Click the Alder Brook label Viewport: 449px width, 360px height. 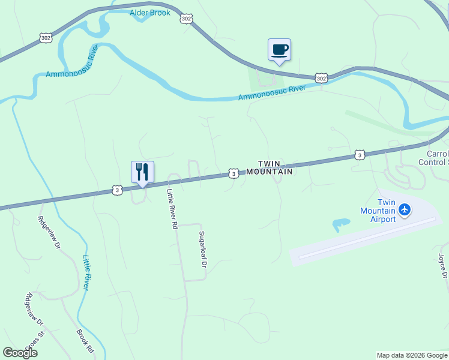coord(150,13)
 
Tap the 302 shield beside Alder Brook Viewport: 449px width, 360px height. coord(185,19)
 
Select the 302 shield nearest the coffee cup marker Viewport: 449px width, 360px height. coord(322,79)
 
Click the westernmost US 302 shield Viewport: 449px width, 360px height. coord(46,37)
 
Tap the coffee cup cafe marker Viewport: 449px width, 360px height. coord(279,50)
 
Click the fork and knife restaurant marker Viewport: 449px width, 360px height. coord(142,172)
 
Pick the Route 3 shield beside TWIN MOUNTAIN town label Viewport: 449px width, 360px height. coord(234,173)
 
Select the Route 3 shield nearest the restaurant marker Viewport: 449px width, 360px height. coord(117,190)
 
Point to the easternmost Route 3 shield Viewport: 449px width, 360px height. coord(359,155)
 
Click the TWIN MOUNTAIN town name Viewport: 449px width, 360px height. coord(276,167)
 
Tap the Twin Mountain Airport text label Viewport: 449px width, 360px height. coord(378,211)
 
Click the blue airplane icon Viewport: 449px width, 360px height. coord(405,209)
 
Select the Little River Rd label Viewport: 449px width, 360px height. coord(173,209)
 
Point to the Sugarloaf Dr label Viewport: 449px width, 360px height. coord(203,248)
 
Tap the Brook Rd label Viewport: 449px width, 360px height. coord(85,340)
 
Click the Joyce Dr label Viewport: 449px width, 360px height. coord(442,266)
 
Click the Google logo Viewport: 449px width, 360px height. coord(20,353)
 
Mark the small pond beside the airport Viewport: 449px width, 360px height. coord(340,225)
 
